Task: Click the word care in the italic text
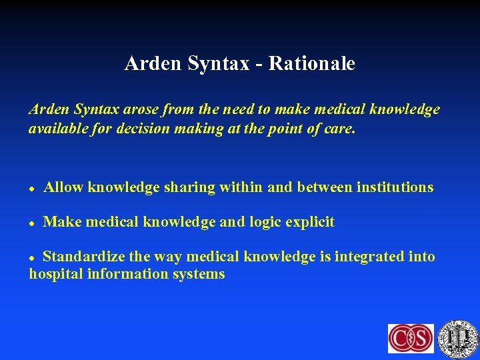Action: click(340, 128)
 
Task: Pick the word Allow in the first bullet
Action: click(63, 187)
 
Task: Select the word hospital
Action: click(56, 274)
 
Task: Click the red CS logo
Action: click(411, 338)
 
